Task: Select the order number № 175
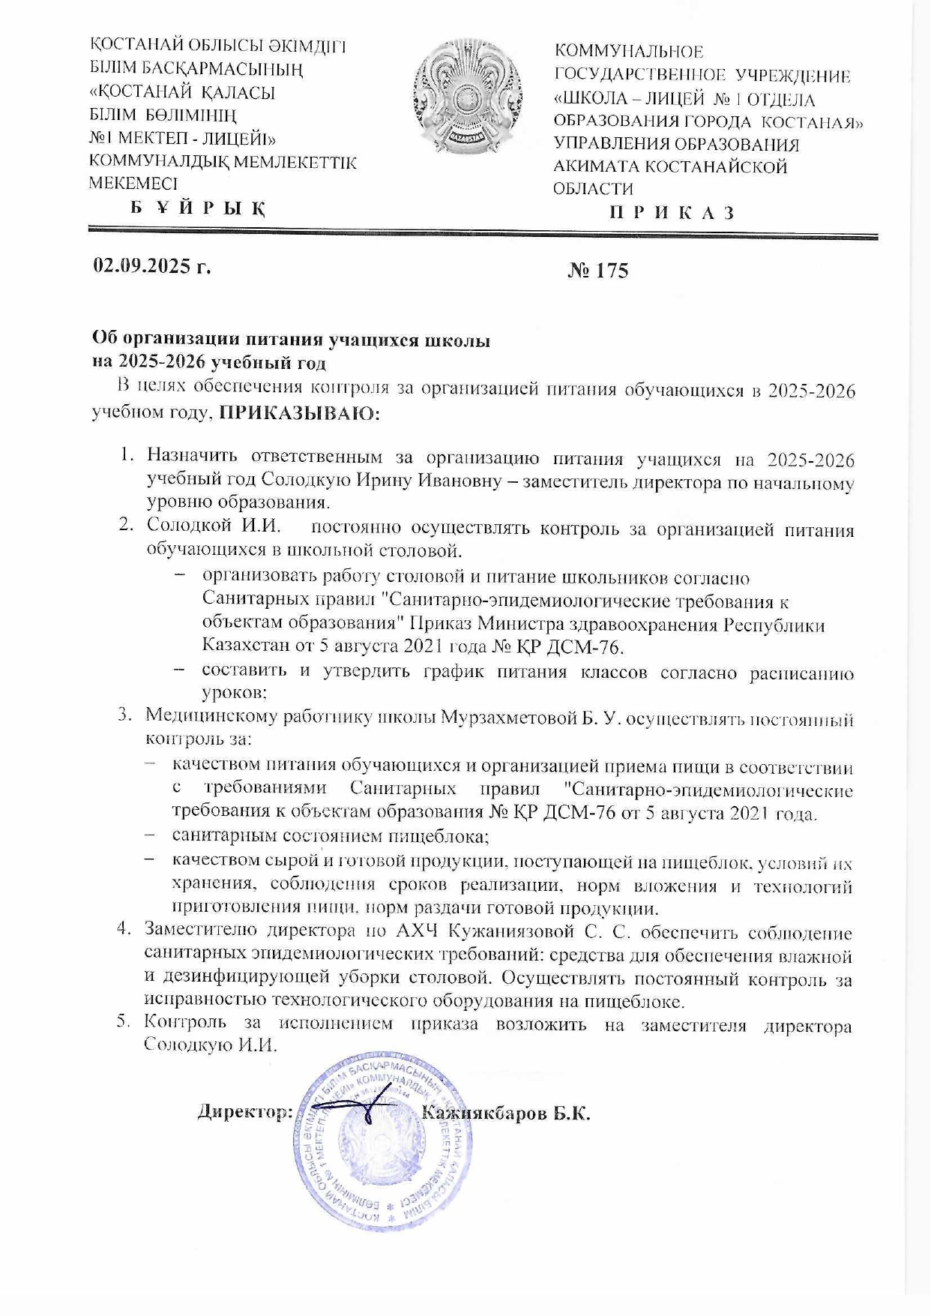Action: point(597,270)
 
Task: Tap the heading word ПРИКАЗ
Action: point(671,212)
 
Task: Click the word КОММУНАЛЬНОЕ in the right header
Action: point(628,52)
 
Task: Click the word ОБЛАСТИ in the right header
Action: point(592,189)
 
